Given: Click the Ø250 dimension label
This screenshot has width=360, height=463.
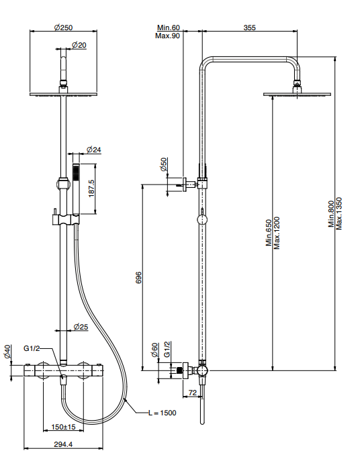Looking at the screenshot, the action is (x=63, y=28).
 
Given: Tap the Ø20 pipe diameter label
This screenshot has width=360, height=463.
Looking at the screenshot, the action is (x=79, y=45).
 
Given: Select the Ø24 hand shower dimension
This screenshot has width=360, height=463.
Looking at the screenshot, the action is (x=94, y=150).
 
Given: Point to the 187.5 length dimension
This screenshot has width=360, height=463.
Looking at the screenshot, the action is (x=91, y=189).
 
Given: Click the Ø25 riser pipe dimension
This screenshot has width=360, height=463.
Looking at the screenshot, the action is (x=81, y=327).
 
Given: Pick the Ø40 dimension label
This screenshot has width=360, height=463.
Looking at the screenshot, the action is (x=7, y=352).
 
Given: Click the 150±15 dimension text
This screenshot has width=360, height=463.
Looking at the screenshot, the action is (x=63, y=427).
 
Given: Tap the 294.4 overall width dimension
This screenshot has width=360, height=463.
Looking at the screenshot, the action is (x=63, y=444).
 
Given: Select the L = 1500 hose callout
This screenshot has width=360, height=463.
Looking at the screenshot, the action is (x=163, y=413).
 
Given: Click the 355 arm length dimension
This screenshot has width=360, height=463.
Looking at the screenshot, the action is (x=249, y=28).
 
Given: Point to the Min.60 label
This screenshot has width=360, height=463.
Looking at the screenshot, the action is (x=168, y=28).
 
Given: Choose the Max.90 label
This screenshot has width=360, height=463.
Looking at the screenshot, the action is (x=168, y=36).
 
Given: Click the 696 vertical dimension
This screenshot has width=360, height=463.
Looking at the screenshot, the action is (x=138, y=278).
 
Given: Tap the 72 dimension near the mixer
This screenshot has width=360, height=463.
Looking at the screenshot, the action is (x=192, y=393).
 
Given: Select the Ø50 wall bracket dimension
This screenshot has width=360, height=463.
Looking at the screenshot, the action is (x=163, y=164).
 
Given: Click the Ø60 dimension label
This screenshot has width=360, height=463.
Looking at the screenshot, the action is (x=155, y=350).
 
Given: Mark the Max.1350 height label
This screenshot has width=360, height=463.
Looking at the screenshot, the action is (x=339, y=213).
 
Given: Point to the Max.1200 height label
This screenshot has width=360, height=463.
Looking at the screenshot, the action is (x=277, y=233).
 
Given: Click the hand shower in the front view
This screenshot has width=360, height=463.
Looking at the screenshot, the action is (x=77, y=189).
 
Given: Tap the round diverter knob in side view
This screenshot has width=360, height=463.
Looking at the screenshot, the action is (x=202, y=220).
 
